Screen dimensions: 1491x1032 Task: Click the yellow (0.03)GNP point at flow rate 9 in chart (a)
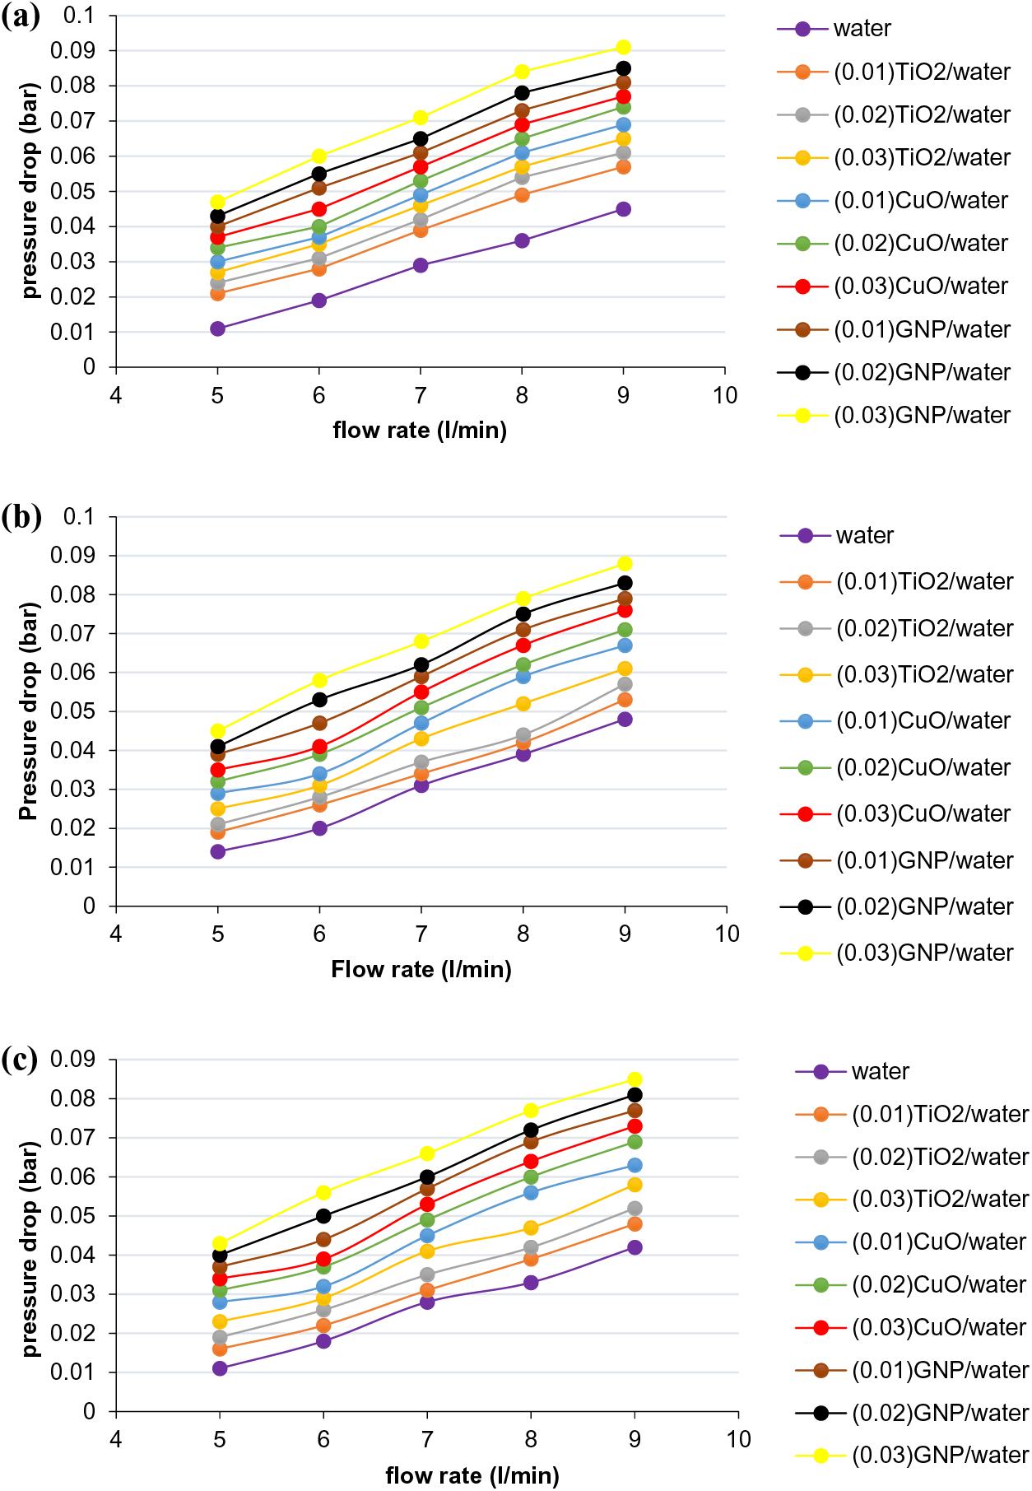tap(623, 47)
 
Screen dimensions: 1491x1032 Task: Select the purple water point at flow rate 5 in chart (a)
tap(217, 328)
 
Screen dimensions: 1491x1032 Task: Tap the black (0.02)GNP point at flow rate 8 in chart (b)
tap(523, 613)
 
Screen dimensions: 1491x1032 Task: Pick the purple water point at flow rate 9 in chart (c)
tap(635, 1247)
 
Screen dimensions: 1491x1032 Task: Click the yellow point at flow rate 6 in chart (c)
tap(323, 1192)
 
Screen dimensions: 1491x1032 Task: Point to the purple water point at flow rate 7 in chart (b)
tap(421, 785)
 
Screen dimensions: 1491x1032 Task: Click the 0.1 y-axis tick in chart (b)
tap(79, 517)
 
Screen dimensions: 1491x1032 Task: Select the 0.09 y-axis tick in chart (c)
tap(72, 1059)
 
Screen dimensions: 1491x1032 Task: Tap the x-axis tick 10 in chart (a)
tap(725, 396)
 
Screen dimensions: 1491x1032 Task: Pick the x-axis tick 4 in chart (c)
tap(116, 1439)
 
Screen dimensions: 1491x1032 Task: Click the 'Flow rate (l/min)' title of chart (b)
tap(421, 970)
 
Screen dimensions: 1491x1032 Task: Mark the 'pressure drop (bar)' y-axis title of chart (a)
tap(30, 190)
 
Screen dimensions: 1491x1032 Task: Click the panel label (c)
tap(20, 1060)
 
